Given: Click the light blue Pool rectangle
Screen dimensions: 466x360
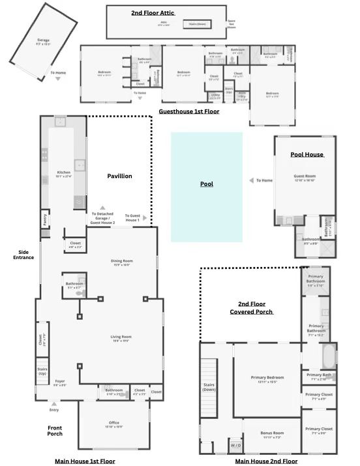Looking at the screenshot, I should tap(207, 187).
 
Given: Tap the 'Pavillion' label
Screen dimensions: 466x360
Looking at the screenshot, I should tap(119, 176).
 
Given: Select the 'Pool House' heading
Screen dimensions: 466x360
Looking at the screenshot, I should tap(307, 155).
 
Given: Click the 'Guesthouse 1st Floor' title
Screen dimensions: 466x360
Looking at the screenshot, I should tap(189, 112).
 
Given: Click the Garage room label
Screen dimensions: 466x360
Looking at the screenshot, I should tap(43, 42).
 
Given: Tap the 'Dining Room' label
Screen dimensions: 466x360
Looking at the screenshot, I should tap(122, 262).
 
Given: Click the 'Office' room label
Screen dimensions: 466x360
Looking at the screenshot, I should tap(114, 424).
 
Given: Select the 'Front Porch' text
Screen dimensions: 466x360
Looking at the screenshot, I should tap(55, 431).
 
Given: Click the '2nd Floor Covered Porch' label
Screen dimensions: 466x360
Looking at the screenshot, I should tap(251, 307).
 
